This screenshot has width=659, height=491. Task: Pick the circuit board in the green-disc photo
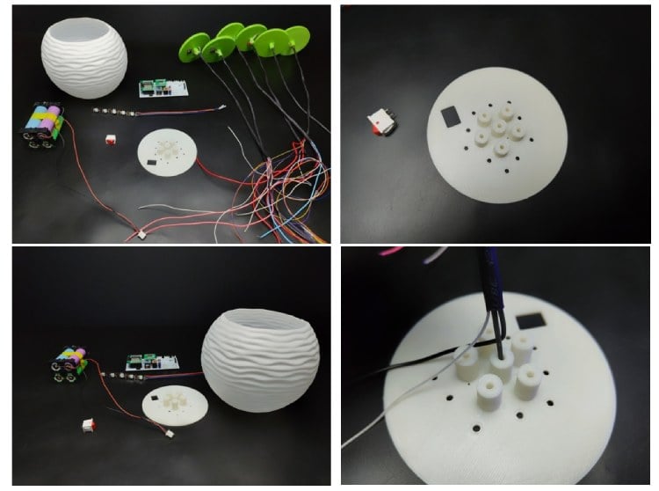(163, 89)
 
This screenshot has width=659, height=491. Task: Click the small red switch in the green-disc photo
(111, 139)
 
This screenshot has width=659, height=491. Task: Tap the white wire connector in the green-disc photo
(139, 235)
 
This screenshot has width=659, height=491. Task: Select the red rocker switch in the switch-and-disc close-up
(380, 123)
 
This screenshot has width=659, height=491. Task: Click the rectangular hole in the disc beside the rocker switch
(447, 114)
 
